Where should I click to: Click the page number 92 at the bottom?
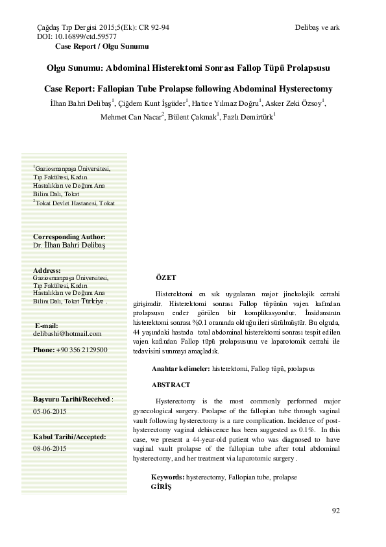[335, 510]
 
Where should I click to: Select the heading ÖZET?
[167, 277]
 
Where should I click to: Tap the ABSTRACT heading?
[171, 385]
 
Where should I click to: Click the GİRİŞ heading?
[160, 486]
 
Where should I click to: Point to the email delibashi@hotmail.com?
[67, 333]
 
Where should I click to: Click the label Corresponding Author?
[69, 237]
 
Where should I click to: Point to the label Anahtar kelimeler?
[180, 368]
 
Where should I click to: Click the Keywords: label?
[167, 477]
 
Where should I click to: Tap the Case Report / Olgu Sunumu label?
[102, 47]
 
